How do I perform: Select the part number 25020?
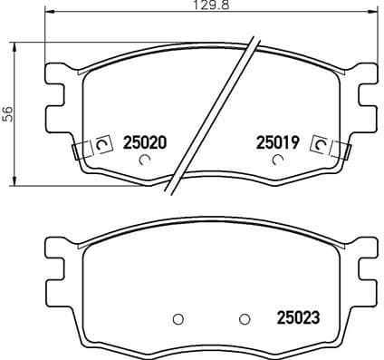coord(143,142)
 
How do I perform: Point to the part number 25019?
coord(277,142)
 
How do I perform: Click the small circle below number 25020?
coord(144,161)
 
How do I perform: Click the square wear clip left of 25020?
coord(101,143)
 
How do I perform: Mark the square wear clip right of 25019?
coord(320,143)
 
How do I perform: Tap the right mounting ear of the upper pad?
coord(368,93)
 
